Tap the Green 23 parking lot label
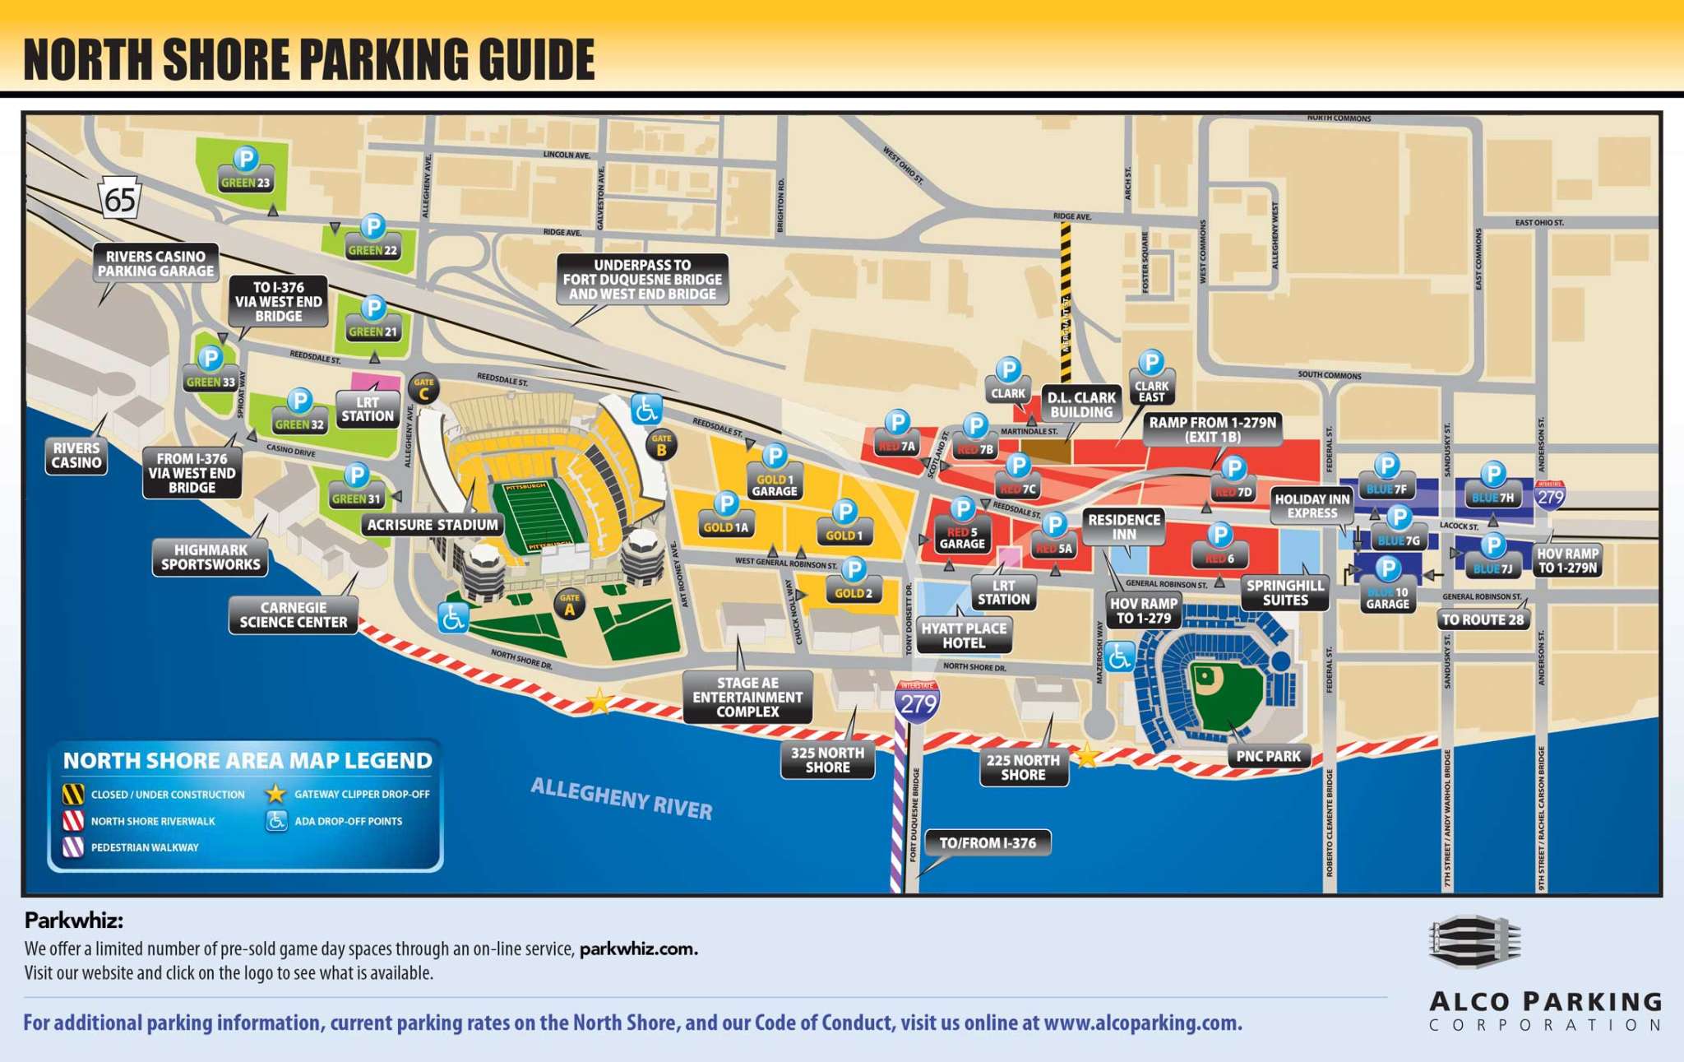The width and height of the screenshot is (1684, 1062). click(245, 183)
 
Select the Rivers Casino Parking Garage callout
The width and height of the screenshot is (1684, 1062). click(155, 263)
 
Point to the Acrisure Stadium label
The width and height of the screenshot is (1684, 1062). click(433, 525)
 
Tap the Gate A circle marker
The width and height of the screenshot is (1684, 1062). click(569, 605)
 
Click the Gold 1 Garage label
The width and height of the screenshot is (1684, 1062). click(775, 485)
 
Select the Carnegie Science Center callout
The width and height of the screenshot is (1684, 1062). click(293, 615)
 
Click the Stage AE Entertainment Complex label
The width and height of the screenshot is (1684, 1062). click(747, 697)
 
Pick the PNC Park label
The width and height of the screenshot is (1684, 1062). click(1268, 756)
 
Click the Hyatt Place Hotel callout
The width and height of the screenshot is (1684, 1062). click(964, 635)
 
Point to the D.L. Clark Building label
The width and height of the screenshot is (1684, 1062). click(1081, 405)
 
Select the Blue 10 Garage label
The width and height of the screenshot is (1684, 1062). click(1387, 598)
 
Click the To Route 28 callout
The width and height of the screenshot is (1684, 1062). click(1483, 619)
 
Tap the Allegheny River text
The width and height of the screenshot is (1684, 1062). click(622, 798)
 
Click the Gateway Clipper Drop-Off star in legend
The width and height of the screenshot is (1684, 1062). click(275, 794)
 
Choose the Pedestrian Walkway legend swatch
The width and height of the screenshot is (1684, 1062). click(73, 846)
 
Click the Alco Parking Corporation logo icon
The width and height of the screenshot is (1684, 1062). click(1475, 942)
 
